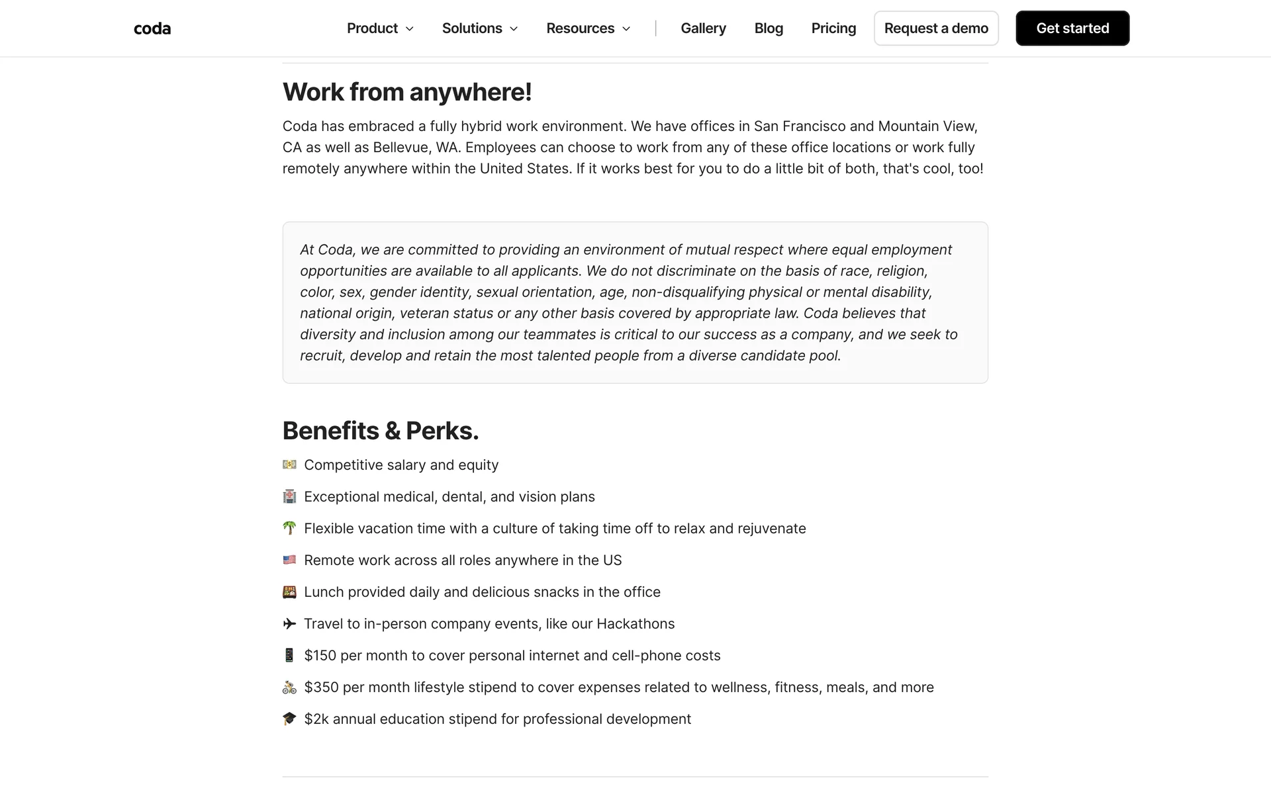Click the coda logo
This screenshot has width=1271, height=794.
tap(152, 28)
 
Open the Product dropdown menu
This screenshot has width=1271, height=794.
tap(380, 28)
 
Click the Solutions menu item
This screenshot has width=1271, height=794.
tap(479, 28)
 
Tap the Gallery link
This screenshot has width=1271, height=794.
tap(703, 28)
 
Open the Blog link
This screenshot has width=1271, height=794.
tap(769, 28)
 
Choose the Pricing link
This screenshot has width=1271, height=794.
tap(833, 28)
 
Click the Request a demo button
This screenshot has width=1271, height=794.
tap(935, 28)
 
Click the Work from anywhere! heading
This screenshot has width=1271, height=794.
tap(406, 92)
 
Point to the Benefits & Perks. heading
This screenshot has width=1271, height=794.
tap(380, 431)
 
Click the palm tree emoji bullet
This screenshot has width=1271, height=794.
tap(289, 528)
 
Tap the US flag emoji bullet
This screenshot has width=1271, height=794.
tap(289, 560)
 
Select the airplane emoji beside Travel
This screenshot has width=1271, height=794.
tap(289, 623)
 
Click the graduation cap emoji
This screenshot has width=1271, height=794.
tap(289, 719)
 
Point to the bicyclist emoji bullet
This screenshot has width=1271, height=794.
tap(289, 687)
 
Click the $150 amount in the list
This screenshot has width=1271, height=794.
tap(320, 656)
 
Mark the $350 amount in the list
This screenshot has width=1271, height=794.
tap(321, 687)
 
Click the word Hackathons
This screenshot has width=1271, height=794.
tap(635, 624)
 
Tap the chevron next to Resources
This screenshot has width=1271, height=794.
tap(626, 29)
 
